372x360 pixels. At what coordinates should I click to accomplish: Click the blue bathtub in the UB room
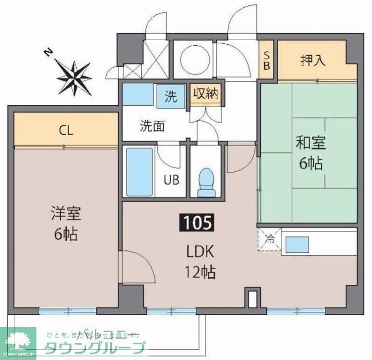[139, 172]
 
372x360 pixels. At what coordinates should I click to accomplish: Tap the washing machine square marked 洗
[171, 97]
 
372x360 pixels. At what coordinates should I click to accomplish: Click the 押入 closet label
[313, 61]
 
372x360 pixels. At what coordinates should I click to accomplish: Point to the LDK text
[200, 252]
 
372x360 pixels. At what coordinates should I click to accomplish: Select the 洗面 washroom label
[152, 126]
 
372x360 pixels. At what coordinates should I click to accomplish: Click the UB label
[172, 179]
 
